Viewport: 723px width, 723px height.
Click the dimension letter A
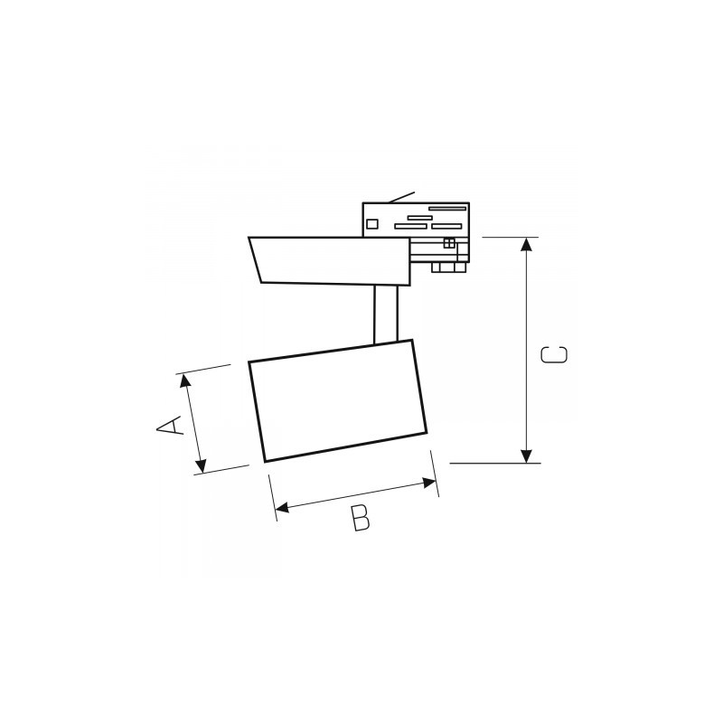pyautogui.click(x=170, y=425)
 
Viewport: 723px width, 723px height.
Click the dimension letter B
pyautogui.click(x=360, y=518)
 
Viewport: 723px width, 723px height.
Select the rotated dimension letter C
pyautogui.click(x=554, y=354)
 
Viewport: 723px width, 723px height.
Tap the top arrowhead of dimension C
pyautogui.click(x=526, y=244)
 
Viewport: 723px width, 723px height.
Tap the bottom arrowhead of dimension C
pyautogui.click(x=526, y=456)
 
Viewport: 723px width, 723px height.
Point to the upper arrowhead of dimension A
pyautogui.click(x=186, y=380)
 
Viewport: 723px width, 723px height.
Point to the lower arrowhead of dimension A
pyautogui.click(x=200, y=466)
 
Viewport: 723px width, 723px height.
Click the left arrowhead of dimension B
pyautogui.click(x=282, y=508)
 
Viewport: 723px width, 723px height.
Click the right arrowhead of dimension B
pyautogui.click(x=429, y=484)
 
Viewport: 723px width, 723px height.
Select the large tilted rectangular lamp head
pyautogui.click(x=337, y=400)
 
